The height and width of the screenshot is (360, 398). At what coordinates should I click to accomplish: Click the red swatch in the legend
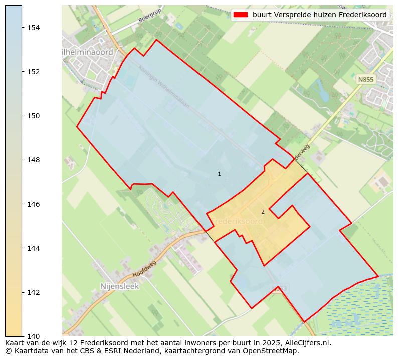(241, 15)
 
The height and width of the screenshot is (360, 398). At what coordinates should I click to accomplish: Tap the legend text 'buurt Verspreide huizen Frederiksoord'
(319, 15)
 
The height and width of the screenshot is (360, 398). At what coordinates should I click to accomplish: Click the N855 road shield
(365, 79)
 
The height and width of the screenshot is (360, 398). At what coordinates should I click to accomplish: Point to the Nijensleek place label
(119, 287)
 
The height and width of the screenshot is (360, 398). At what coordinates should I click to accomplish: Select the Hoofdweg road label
(145, 269)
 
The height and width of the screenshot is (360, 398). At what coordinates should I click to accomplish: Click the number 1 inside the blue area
(219, 174)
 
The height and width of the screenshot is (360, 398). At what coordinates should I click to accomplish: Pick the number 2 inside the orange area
(263, 212)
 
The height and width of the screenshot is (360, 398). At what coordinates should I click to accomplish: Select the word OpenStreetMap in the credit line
(271, 351)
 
